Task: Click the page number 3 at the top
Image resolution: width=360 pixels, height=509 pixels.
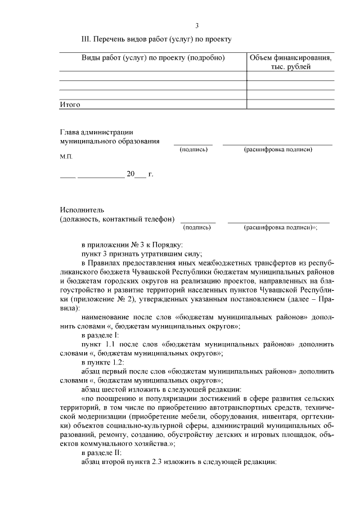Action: click(x=197, y=26)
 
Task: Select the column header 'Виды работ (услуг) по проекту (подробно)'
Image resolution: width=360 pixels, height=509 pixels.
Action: click(x=153, y=58)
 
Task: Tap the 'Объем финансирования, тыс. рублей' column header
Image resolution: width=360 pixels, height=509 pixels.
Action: click(x=290, y=62)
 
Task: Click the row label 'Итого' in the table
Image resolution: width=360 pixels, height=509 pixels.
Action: click(x=70, y=105)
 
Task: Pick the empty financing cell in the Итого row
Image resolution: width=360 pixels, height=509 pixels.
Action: click(x=290, y=105)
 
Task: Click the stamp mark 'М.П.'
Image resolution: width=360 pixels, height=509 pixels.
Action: click(x=66, y=157)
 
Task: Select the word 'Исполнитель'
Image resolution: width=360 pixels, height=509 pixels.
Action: click(x=81, y=210)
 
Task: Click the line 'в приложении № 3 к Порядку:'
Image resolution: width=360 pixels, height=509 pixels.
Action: click(x=132, y=245)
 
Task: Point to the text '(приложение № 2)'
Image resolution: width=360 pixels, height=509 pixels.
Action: click(x=87, y=299)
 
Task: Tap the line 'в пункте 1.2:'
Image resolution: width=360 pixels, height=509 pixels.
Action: click(x=102, y=362)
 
